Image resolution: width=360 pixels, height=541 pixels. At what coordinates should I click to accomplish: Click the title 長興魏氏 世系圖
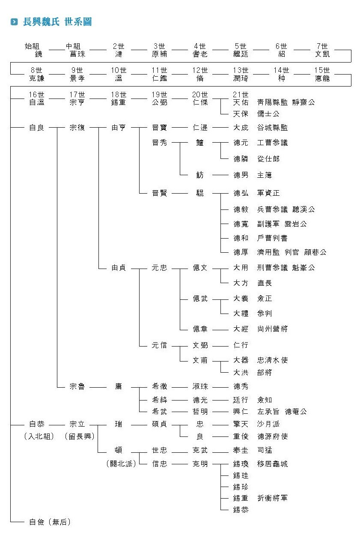click(x=57, y=22)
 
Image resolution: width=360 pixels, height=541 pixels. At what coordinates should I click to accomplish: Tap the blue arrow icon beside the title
click(x=15, y=22)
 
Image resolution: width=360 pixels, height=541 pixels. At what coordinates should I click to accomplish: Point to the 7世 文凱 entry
click(x=322, y=50)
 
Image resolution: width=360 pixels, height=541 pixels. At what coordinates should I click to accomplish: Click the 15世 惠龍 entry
click(x=322, y=74)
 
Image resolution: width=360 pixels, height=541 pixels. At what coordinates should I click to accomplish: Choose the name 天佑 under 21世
click(x=241, y=102)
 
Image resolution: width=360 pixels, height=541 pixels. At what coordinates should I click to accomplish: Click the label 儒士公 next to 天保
click(x=268, y=114)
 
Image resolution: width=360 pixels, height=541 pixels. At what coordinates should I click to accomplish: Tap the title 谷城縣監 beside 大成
click(x=272, y=128)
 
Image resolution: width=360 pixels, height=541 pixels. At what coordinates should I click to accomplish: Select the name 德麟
click(x=241, y=158)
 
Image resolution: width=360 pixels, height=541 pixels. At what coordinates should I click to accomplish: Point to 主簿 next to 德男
click(x=265, y=175)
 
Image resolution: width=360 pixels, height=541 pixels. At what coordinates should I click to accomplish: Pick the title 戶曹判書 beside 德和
click(x=272, y=238)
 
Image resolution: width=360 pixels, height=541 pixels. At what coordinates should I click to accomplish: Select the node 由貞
click(x=118, y=268)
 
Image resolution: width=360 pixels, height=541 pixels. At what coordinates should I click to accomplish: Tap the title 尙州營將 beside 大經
click(x=272, y=329)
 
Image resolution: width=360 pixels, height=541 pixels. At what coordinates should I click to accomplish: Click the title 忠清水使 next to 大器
click(x=272, y=360)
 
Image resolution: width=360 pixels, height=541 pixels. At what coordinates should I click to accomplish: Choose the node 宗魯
click(x=77, y=386)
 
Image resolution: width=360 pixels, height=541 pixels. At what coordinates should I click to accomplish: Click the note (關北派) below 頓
click(x=121, y=463)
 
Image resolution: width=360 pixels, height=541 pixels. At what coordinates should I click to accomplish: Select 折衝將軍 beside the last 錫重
click(x=272, y=498)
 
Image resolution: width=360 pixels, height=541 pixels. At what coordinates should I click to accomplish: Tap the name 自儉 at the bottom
click(x=37, y=522)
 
